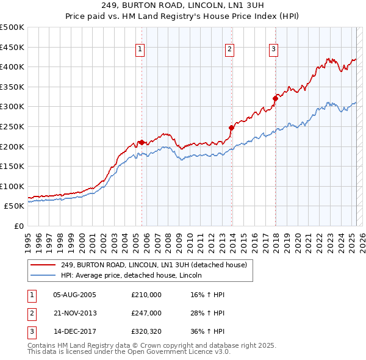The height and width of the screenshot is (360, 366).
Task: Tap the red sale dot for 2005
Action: pyautogui.click(x=142, y=142)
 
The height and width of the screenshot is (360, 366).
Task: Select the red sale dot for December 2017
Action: pyautogui.click(x=276, y=98)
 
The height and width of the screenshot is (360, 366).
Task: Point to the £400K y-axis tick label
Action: pyautogui.click(x=12, y=67)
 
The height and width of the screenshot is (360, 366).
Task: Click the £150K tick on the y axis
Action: pyautogui.click(x=12, y=166)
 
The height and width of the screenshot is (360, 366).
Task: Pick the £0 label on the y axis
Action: pyautogui.click(x=18, y=226)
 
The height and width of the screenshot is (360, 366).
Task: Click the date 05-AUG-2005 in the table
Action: pyautogui.click(x=75, y=295)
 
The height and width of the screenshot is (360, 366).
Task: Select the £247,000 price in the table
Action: pyautogui.click(x=146, y=312)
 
